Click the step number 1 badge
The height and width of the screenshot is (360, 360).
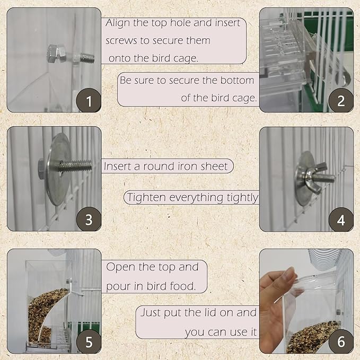(x=89, y=100)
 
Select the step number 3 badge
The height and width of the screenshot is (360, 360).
(x=89, y=219)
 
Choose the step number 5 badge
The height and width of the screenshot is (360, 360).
(x=89, y=341)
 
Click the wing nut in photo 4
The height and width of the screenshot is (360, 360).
(x=313, y=174)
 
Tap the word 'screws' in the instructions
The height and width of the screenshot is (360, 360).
(x=121, y=40)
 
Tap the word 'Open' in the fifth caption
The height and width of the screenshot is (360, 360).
(x=121, y=267)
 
